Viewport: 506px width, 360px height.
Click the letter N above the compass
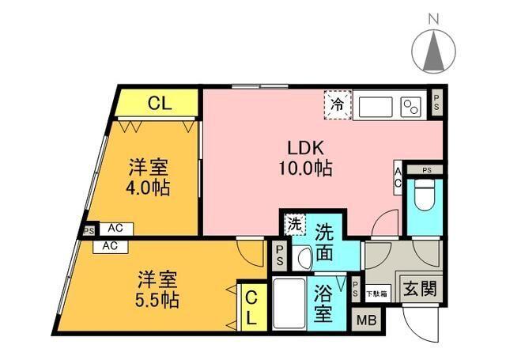click(x=434, y=17)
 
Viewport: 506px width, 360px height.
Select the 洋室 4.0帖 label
click(x=149, y=179)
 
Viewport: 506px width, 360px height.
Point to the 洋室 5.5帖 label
click(x=157, y=290)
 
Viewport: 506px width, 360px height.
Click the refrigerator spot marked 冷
click(x=338, y=104)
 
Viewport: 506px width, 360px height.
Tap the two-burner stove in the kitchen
click(x=411, y=105)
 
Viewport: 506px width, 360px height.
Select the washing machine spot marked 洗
click(x=294, y=224)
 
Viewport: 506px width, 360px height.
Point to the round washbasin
click(x=305, y=258)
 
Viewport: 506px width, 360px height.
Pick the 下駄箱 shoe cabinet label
click(x=376, y=294)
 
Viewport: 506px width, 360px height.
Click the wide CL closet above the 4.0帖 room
click(x=157, y=102)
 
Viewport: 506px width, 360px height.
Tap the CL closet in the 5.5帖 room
click(x=249, y=307)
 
